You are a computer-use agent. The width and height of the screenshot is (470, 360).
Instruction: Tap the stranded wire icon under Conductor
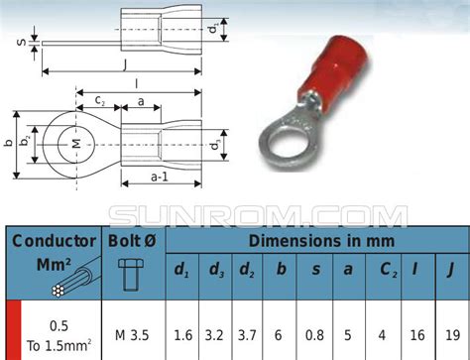click(x=63, y=280)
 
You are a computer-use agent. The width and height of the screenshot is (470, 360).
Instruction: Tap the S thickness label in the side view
click(x=21, y=42)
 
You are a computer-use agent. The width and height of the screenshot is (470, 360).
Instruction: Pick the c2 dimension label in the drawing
click(x=101, y=100)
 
